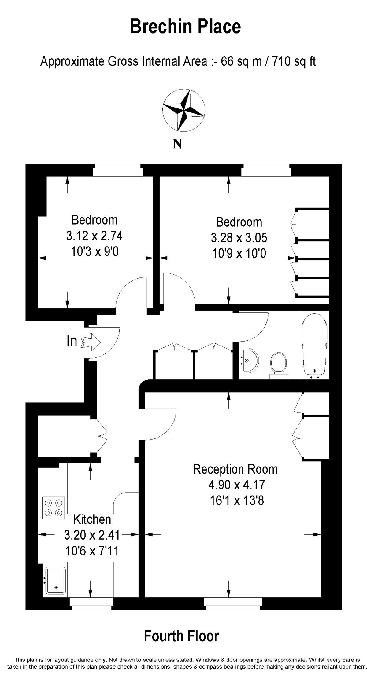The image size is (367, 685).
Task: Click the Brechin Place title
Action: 185,26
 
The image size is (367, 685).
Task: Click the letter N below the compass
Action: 177,144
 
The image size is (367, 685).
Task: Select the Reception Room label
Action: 235,469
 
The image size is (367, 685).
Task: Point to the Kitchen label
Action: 92,519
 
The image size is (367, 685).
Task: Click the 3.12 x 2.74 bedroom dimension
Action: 95,236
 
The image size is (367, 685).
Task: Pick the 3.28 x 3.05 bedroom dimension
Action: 239,238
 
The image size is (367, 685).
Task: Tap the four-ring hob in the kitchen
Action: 54,508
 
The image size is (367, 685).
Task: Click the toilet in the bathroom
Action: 279,366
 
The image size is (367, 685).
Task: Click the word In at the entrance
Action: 72,341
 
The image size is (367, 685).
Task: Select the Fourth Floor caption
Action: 182,636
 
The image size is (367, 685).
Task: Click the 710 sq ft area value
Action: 294,61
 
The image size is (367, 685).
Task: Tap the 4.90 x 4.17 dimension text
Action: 237,485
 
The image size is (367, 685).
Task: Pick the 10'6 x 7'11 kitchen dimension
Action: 92,551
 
